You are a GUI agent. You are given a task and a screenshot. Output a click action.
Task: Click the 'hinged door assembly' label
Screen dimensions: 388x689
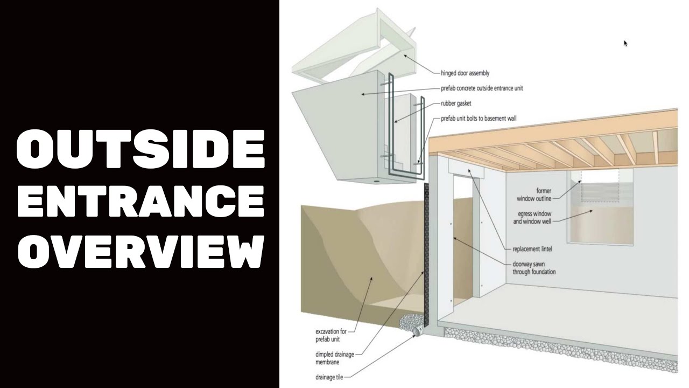tap(465, 73)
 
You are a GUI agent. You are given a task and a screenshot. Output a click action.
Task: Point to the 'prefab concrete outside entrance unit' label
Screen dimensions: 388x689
tap(481, 88)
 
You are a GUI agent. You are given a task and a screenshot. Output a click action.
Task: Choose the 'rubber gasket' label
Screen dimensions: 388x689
tap(456, 103)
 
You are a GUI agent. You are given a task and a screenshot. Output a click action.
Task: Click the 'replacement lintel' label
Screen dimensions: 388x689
tap(532, 250)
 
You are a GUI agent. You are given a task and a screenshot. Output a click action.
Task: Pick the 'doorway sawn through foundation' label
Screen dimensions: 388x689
tap(534, 268)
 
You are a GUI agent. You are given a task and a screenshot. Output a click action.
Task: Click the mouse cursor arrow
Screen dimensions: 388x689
tap(625, 43)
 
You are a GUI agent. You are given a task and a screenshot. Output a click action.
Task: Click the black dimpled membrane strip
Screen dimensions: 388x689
tap(429, 253)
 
